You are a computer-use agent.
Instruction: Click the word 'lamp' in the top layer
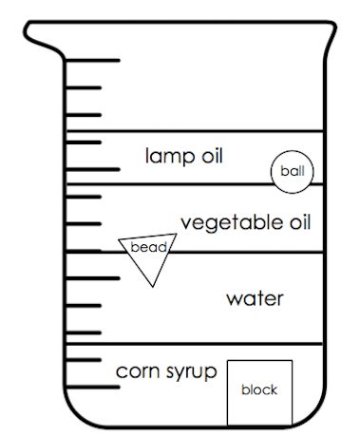point(170,157)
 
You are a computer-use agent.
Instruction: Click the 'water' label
point(255,299)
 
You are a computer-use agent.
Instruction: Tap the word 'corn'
point(138,371)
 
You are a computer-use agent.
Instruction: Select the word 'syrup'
point(192,372)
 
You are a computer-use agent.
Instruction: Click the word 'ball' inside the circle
point(293,171)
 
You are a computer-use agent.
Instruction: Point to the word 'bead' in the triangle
point(148,247)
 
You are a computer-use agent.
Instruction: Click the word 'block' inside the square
point(259,389)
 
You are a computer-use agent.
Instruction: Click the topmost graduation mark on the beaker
point(93,60)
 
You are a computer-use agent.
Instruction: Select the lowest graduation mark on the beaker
point(93,387)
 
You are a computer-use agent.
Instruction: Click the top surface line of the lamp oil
point(195,131)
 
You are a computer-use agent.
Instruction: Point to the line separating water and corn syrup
point(195,344)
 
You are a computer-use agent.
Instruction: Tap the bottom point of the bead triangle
point(153,287)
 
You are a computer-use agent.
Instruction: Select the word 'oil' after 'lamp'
point(212,156)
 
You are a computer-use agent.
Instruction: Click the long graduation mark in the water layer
point(93,278)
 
